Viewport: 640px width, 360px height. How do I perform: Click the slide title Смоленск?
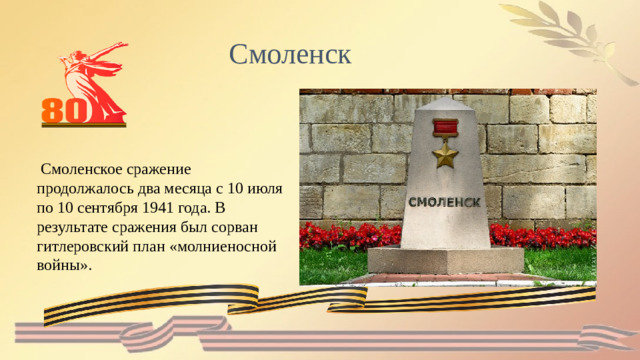pos(290,54)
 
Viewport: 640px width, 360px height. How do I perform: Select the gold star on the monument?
pos(445,155)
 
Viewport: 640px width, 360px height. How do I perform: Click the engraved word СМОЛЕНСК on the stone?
pos(445,201)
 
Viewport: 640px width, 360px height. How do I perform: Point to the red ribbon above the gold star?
pos(445,128)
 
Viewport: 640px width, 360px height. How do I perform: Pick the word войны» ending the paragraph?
pos(64,264)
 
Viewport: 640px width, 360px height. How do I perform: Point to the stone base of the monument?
pos(445,262)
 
